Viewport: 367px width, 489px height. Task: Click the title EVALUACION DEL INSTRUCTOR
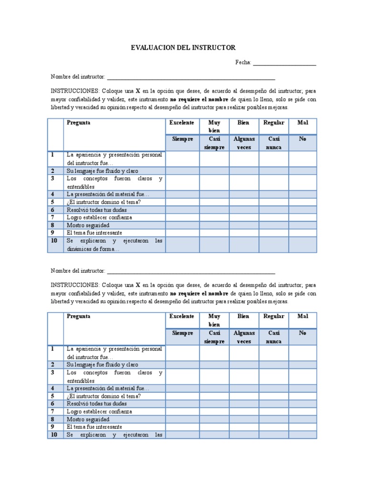(x=183, y=48)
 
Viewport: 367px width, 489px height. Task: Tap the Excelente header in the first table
(x=182, y=123)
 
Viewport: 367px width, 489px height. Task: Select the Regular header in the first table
(x=274, y=123)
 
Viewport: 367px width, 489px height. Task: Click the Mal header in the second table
(x=302, y=317)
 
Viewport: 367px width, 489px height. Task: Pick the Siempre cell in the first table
(x=182, y=139)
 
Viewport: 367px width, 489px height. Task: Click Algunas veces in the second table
(x=244, y=337)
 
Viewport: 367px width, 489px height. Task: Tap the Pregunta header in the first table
(x=79, y=123)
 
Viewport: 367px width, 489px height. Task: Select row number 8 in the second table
(x=54, y=419)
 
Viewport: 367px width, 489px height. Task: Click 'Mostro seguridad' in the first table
(x=88, y=225)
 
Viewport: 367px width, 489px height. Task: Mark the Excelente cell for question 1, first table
(x=182, y=159)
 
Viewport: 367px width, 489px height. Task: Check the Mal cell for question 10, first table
(x=302, y=245)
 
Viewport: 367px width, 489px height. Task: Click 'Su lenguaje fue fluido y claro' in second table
(x=102, y=365)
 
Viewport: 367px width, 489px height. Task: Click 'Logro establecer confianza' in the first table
(x=99, y=218)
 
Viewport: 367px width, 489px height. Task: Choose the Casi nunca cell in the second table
(x=274, y=337)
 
